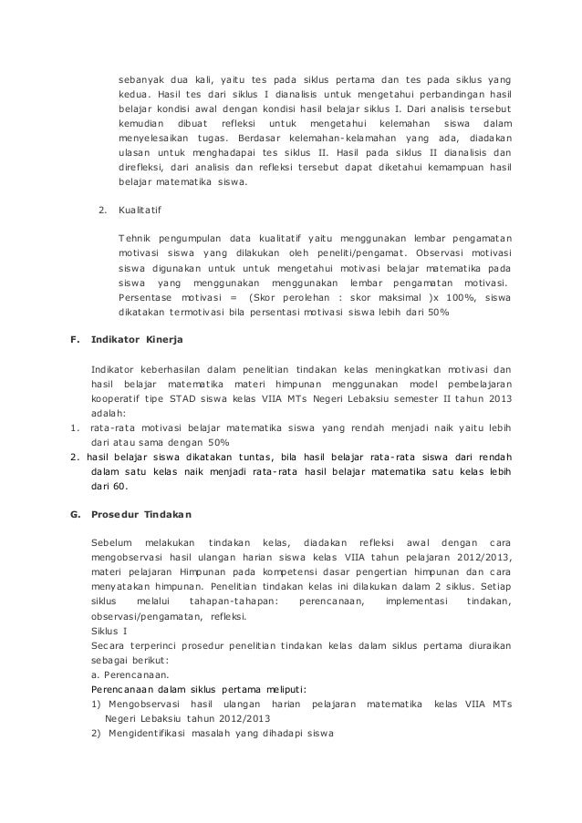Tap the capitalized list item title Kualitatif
(x=139, y=211)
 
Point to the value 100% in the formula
(x=452, y=296)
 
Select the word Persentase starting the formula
(x=146, y=296)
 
